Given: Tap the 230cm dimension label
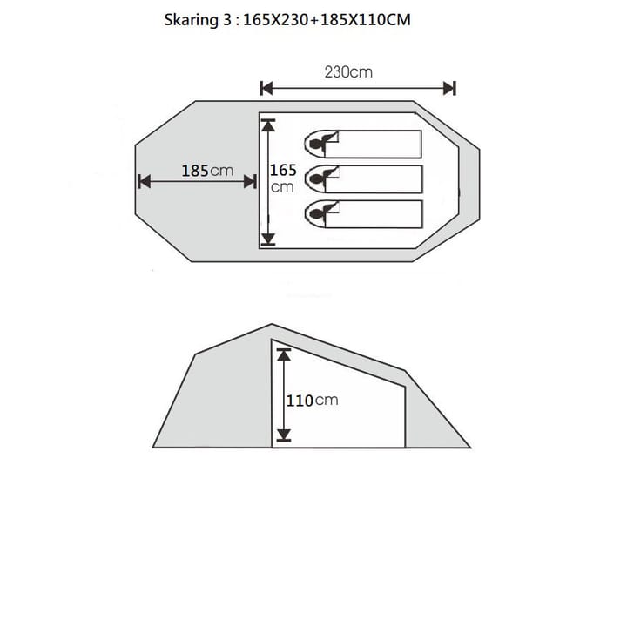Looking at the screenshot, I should point(348,72).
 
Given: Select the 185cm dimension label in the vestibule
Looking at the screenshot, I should point(207,171).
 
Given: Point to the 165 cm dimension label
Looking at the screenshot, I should point(283,178).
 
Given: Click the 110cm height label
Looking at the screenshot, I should point(312,401).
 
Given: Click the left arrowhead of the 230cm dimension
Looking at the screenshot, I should point(266,88).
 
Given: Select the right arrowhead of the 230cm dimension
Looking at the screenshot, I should point(449,88).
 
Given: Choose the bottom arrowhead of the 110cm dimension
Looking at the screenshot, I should point(283,435).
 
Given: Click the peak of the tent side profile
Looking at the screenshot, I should point(272,325).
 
